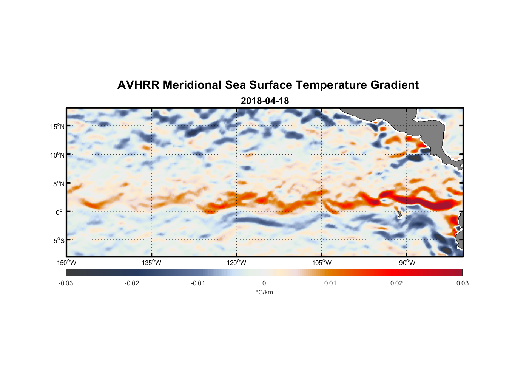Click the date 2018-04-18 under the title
pyautogui.click(x=265, y=101)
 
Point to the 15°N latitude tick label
pyautogui.click(x=57, y=126)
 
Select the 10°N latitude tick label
pyautogui.click(x=57, y=155)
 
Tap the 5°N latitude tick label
pyautogui.click(x=59, y=184)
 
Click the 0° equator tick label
pyautogui.click(x=59, y=212)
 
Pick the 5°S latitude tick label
pyautogui.click(x=59, y=240)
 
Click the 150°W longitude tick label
pyautogui.click(x=66, y=263)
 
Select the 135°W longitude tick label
pyautogui.click(x=151, y=263)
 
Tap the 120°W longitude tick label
pyautogui.click(x=236, y=263)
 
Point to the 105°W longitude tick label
pyautogui.click(x=321, y=263)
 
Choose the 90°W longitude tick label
pyautogui.click(x=407, y=263)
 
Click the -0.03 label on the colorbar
pyautogui.click(x=66, y=283)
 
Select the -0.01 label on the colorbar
pyautogui.click(x=197, y=283)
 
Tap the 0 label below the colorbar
pyautogui.click(x=264, y=283)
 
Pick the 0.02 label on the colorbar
pyautogui.click(x=396, y=283)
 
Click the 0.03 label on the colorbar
pyautogui.click(x=462, y=283)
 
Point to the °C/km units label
pyautogui.click(x=264, y=292)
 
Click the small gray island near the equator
pyautogui.click(x=399, y=215)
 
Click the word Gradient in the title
pyautogui.click(x=395, y=85)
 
